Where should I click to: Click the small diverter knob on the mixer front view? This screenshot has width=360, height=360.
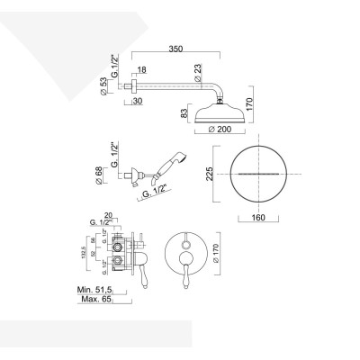pyautogui.click(x=184, y=240)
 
